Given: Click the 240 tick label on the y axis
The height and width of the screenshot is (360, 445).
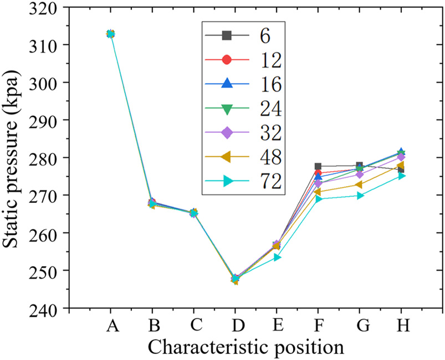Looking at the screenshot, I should point(47,308).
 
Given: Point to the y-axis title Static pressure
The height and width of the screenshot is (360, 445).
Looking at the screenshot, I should point(13,158).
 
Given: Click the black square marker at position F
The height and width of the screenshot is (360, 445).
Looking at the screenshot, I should point(318,166).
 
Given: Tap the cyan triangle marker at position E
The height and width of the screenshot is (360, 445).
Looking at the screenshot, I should point(277,257).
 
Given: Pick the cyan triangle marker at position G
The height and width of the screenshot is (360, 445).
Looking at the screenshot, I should point(360,196).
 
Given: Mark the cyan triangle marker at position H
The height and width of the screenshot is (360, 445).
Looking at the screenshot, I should point(401,176).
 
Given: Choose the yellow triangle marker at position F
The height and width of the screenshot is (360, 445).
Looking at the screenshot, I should point(318,192).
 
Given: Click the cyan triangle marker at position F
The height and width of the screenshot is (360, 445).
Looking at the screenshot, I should point(319,199).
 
